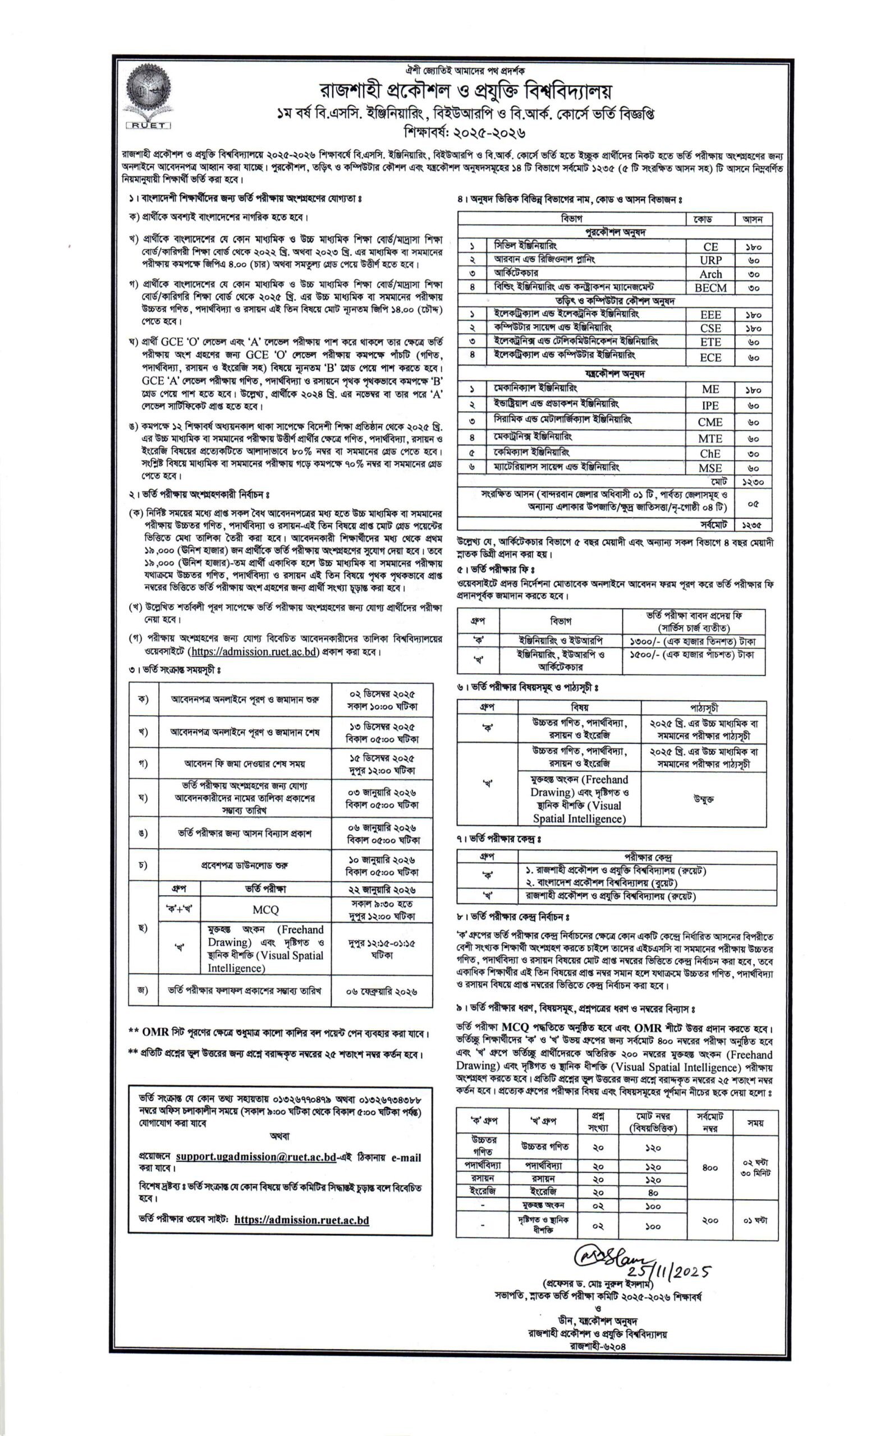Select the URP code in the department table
(x=709, y=260)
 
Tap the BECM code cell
(x=709, y=288)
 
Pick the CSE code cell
(x=709, y=328)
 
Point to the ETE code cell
(x=709, y=342)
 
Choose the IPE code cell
(x=709, y=406)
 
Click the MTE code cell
(x=709, y=438)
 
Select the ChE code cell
(x=709, y=453)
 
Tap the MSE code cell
(x=709, y=468)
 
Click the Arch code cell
(x=709, y=274)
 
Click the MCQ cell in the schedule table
(x=265, y=910)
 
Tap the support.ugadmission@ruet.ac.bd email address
(x=255, y=1157)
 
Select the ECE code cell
(x=709, y=357)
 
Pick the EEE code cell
(x=709, y=315)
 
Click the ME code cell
(x=709, y=389)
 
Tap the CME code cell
(x=709, y=422)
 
